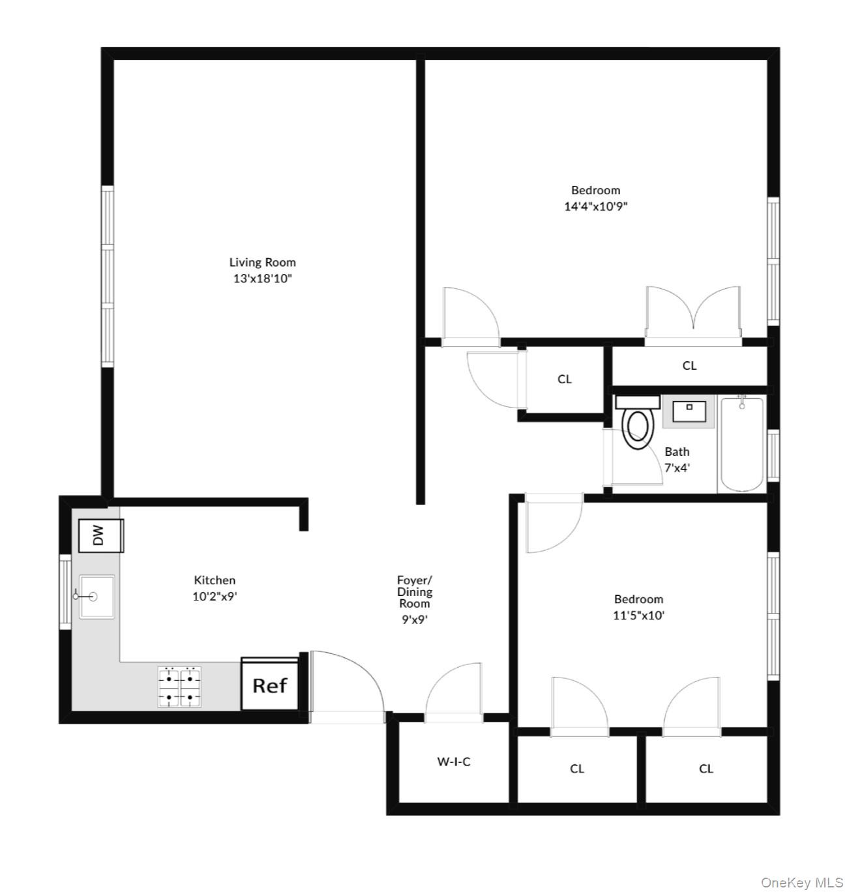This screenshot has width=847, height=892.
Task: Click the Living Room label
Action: [262, 262]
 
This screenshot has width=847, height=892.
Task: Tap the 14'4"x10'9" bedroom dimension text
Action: [595, 207]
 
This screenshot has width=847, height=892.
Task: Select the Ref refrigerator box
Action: [270, 684]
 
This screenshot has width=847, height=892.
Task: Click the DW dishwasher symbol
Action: [100, 535]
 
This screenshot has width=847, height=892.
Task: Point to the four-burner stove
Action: [179, 687]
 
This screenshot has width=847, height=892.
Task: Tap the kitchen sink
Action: [96, 596]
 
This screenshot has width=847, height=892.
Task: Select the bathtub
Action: [741, 445]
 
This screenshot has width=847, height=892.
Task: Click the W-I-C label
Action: [453, 761]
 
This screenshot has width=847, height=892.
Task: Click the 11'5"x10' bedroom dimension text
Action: [638, 615]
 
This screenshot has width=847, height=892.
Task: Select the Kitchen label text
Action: [215, 580]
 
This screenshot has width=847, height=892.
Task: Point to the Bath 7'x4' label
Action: [677, 459]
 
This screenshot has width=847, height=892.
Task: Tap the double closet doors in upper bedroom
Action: [693, 313]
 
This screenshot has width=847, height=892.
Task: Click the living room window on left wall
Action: [107, 276]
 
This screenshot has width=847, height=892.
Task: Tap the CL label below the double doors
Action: [689, 366]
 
